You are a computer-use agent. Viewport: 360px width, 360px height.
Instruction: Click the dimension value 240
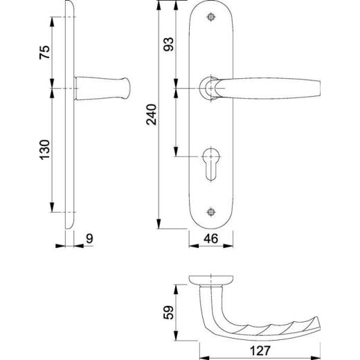152,115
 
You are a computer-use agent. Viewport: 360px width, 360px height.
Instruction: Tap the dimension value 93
168,44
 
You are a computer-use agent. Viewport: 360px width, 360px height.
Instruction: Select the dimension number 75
44,53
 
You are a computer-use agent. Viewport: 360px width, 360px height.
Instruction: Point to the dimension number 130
44,150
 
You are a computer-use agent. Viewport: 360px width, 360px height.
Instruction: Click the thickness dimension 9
89,239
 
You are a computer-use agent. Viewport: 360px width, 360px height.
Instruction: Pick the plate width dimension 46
211,239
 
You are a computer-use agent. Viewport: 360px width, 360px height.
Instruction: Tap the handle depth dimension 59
168,312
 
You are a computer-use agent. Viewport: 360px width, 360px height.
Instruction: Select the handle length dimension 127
260,351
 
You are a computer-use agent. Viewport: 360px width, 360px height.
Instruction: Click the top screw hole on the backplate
211,17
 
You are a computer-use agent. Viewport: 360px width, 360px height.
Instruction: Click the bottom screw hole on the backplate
211,212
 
